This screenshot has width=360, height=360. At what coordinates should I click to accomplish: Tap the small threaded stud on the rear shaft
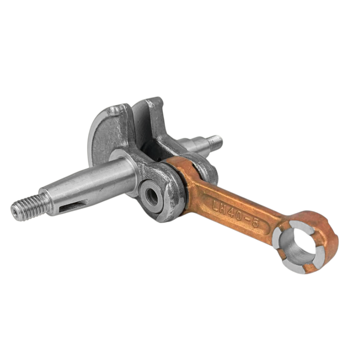(x=215, y=142)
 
